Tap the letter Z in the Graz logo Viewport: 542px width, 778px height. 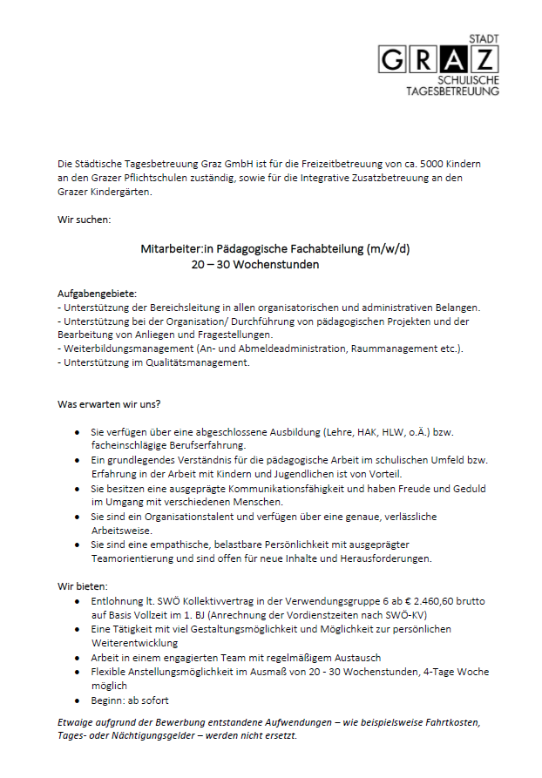point(484,59)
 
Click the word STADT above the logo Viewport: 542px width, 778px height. point(484,39)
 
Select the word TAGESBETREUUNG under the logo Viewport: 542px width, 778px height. point(453,91)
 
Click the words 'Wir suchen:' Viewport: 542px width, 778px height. point(84,220)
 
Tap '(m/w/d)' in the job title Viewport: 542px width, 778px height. point(390,248)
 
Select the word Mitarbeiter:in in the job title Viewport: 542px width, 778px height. point(172,248)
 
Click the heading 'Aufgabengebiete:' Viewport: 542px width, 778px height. point(97,293)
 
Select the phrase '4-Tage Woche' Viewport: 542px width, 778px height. point(460,672)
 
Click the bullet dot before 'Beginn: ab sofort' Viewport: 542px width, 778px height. point(78,700)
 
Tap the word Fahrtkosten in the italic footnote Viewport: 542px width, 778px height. point(450,723)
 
